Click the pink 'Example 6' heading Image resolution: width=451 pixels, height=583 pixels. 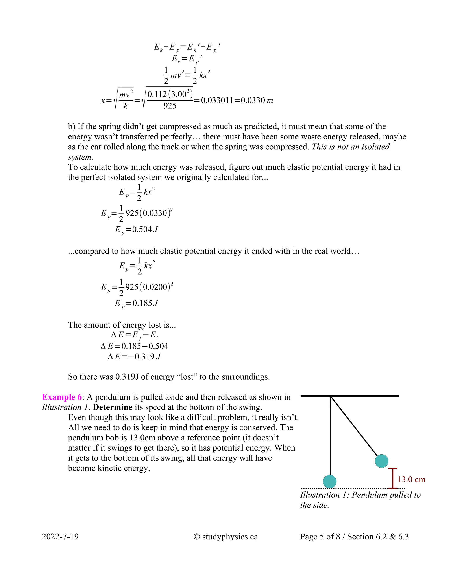[x=62, y=397]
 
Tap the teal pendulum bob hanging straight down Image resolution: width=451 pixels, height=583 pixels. [x=330, y=482]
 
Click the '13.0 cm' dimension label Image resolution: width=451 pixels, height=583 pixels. [x=411, y=479]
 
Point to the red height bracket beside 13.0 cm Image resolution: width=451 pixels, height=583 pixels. [x=392, y=478]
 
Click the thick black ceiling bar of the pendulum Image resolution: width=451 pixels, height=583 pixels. [x=350, y=396]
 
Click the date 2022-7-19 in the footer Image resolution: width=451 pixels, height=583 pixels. [x=60, y=537]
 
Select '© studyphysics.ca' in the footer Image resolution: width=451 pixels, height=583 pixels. [x=225, y=537]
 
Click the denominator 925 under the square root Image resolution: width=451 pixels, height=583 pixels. [x=170, y=106]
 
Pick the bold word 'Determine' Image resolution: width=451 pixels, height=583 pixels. [x=113, y=407]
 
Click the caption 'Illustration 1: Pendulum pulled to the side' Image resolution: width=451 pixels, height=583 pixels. [x=360, y=500]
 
